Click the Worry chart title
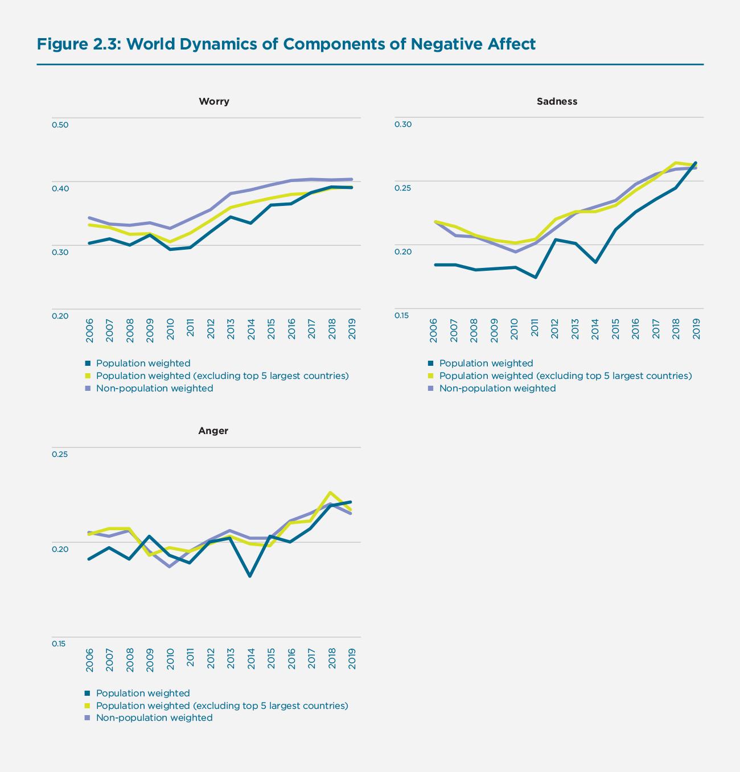[x=213, y=102]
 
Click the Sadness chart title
[x=557, y=102]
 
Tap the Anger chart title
[x=213, y=431]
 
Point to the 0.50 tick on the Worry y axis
[x=60, y=125]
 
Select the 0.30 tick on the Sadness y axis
[x=402, y=125]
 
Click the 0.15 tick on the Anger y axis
[x=60, y=644]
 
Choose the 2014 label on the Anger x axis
[x=251, y=659]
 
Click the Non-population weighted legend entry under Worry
[x=154, y=389]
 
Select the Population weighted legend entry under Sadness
[x=486, y=364]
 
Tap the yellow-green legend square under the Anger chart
[x=88, y=706]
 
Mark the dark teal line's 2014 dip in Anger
[x=250, y=576]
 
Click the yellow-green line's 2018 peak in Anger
[x=331, y=493]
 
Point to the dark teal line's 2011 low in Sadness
[x=536, y=277]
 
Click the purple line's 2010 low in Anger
[x=170, y=566]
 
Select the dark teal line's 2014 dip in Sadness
[x=595, y=262]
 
